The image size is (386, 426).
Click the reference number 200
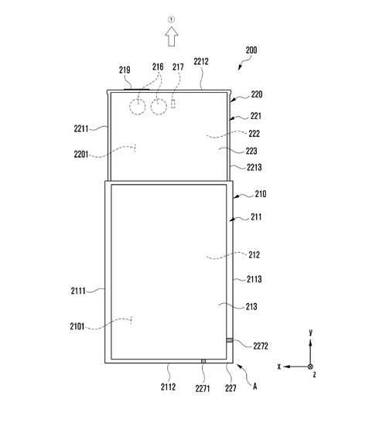(x=251, y=50)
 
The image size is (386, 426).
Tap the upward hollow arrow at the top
(x=172, y=36)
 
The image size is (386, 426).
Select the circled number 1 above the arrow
(x=171, y=19)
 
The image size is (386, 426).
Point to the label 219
(x=125, y=70)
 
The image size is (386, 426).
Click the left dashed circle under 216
(x=137, y=107)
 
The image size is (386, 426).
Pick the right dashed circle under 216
(x=159, y=107)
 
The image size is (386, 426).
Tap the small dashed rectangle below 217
(x=173, y=104)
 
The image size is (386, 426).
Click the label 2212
(x=201, y=61)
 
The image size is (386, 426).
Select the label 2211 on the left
(x=81, y=128)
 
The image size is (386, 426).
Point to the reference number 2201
(x=81, y=155)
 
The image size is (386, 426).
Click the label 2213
(x=254, y=167)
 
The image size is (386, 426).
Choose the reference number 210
(x=261, y=194)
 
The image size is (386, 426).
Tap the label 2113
(x=254, y=279)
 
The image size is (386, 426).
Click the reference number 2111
(x=78, y=291)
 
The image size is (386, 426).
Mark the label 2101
(x=77, y=326)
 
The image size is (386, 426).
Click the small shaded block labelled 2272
(x=230, y=340)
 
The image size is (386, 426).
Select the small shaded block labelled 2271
(x=203, y=361)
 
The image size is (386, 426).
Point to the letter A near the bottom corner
(x=254, y=386)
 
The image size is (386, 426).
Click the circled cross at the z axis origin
(x=310, y=366)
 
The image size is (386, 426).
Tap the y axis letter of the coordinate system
(x=310, y=332)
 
